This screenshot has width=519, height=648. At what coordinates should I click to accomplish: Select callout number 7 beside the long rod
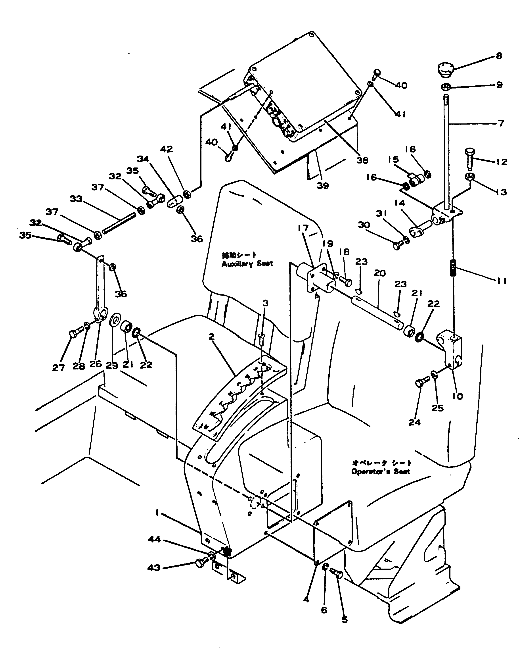pyautogui.click(x=501, y=123)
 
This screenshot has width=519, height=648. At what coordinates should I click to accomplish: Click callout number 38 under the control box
pyautogui.click(x=362, y=160)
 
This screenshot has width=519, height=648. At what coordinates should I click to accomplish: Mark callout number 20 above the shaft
pyautogui.click(x=380, y=273)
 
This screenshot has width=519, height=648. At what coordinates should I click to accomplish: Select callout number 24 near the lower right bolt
pyautogui.click(x=414, y=422)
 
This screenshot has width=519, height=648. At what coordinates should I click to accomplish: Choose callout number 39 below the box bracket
pyautogui.click(x=323, y=186)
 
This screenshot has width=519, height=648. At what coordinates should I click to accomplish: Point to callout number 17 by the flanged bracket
pyautogui.click(x=303, y=228)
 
